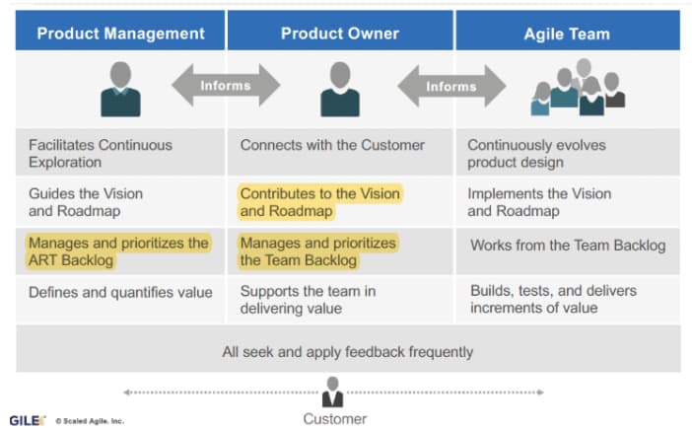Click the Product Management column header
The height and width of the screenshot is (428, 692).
pyautogui.click(x=120, y=33)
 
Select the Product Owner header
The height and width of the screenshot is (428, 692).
pyautogui.click(x=339, y=33)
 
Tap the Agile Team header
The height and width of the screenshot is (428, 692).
pyautogui.click(x=566, y=34)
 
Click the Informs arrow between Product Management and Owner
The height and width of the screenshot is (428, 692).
pyautogui.click(x=225, y=86)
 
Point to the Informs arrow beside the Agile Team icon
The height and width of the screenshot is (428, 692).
pyautogui.click(x=450, y=87)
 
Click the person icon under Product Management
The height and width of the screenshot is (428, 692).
pyautogui.click(x=120, y=89)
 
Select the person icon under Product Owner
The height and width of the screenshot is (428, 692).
pyautogui.click(x=339, y=89)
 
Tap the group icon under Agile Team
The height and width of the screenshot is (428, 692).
pyautogui.click(x=578, y=88)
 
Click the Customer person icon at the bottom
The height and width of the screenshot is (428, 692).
pyautogui.click(x=333, y=392)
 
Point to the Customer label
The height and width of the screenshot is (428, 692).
pyautogui.click(x=334, y=418)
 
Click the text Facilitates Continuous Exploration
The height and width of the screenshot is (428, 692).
pyautogui.click(x=100, y=153)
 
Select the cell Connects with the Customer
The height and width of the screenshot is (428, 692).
pyautogui.click(x=332, y=145)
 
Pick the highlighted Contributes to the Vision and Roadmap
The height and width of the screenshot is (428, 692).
pyautogui.click(x=319, y=202)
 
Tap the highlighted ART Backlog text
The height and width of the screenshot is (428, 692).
pyautogui.click(x=118, y=251)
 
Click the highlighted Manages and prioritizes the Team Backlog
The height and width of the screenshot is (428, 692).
pyautogui.click(x=317, y=251)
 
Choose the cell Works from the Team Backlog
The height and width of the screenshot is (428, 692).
pyautogui.click(x=567, y=245)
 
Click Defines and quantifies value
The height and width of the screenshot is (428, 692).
pyautogui.click(x=120, y=292)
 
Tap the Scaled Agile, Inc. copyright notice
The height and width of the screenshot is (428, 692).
pyautogui.click(x=89, y=420)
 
